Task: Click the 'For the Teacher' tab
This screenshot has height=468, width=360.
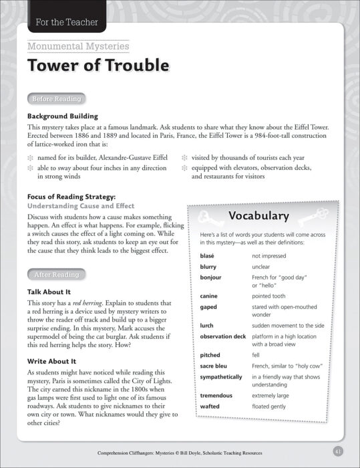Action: pos(63,23)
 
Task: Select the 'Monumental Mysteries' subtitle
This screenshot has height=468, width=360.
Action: pos(78,46)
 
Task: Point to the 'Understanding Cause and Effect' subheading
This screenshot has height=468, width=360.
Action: pos(81,206)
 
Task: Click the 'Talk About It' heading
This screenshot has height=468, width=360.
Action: pos(49,292)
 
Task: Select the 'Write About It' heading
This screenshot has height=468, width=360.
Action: pos(51,361)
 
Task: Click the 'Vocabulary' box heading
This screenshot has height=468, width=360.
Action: pos(258,215)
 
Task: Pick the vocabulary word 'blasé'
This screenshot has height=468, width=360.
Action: pos(207,255)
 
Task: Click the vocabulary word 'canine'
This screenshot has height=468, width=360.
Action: pos(208,296)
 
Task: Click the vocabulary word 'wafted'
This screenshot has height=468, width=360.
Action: pos(210,406)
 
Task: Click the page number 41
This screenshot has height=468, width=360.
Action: pos(338,451)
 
